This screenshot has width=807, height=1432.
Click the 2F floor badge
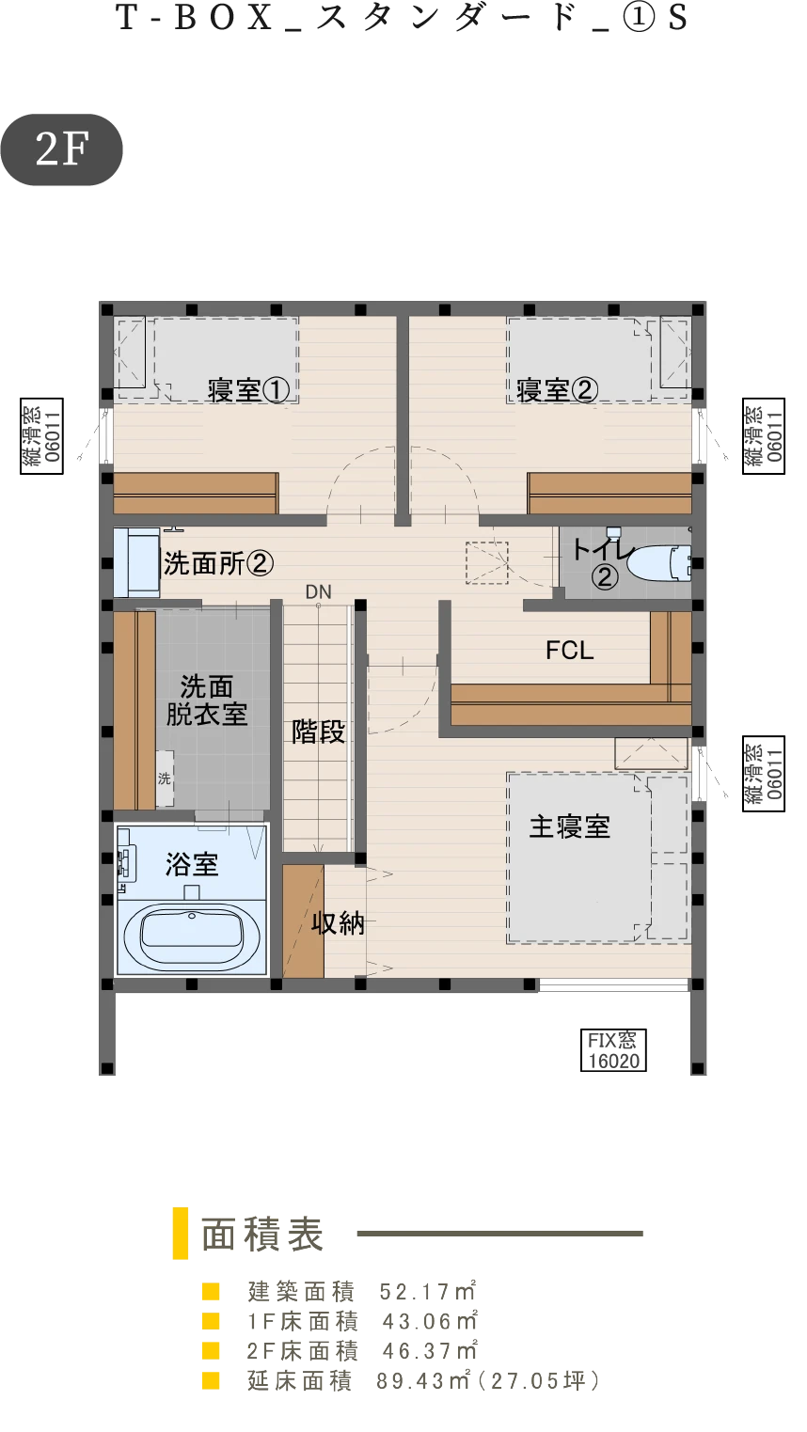click(x=61, y=149)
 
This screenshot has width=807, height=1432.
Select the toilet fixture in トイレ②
click(x=658, y=562)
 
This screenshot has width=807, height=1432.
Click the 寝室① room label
click(x=248, y=390)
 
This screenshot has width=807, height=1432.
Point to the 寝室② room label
click(x=557, y=390)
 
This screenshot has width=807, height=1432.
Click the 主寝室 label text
click(x=569, y=826)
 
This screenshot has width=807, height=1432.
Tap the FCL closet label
click(x=569, y=650)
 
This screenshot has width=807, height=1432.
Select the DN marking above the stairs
click(x=319, y=592)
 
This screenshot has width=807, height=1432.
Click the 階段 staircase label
click(x=319, y=732)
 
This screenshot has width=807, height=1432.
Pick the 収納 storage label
click(x=339, y=923)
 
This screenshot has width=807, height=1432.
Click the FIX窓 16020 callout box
click(x=613, y=1049)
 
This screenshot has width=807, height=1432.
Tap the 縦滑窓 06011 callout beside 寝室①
click(x=41, y=436)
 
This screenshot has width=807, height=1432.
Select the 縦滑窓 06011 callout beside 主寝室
click(x=764, y=774)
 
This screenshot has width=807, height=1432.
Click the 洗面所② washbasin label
click(x=219, y=563)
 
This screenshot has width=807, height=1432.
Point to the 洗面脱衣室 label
click(x=207, y=700)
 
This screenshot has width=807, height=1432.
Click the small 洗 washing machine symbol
click(x=165, y=778)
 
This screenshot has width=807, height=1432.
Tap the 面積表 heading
click(x=262, y=1234)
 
